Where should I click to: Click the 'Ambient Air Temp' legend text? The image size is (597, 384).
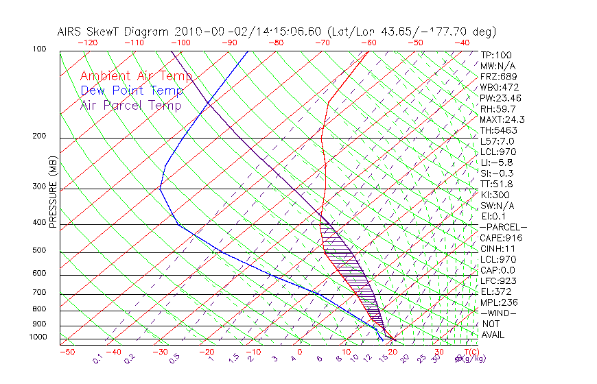tap(136, 76)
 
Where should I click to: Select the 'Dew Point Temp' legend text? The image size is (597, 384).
tap(132, 91)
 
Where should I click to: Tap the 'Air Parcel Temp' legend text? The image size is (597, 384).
tap(130, 105)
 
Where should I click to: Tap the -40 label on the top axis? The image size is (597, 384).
tap(462, 43)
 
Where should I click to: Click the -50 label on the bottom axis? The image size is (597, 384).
tap(67, 352)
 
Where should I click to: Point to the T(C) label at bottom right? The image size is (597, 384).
tap(470, 352)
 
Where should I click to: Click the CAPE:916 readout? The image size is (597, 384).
tap(501, 238)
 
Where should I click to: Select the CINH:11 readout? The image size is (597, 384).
tap(499, 249)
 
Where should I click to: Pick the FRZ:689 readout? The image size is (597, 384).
tap(499, 76)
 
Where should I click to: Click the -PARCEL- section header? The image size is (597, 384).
tap(504, 227)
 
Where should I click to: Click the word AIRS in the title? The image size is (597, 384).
tap(71, 32)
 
